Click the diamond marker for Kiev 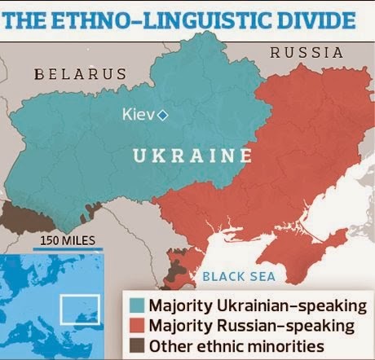click(x=162, y=116)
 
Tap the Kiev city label click(x=139, y=116)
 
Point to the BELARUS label click(x=81, y=75)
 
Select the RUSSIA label click(x=307, y=51)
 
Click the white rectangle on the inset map click(x=79, y=307)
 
